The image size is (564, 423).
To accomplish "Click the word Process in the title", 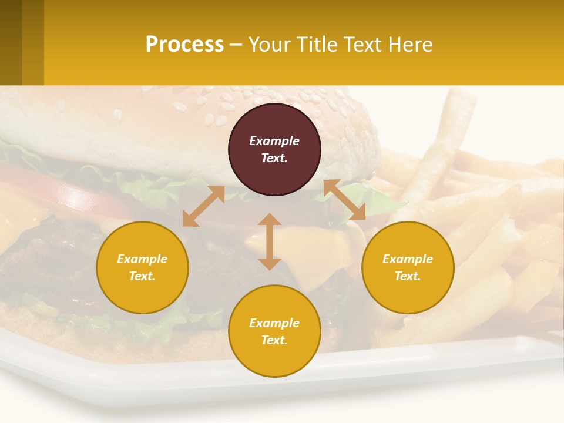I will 184,45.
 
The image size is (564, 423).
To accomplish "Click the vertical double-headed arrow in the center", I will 270,241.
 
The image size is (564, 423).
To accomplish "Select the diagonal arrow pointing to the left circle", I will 203,206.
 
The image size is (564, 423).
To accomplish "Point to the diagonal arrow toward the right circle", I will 344,200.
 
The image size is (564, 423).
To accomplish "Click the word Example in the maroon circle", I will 274,141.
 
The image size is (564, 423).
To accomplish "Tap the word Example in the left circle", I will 142,259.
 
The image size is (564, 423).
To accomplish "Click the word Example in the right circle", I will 408,259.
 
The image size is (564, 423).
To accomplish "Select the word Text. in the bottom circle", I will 274,340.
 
